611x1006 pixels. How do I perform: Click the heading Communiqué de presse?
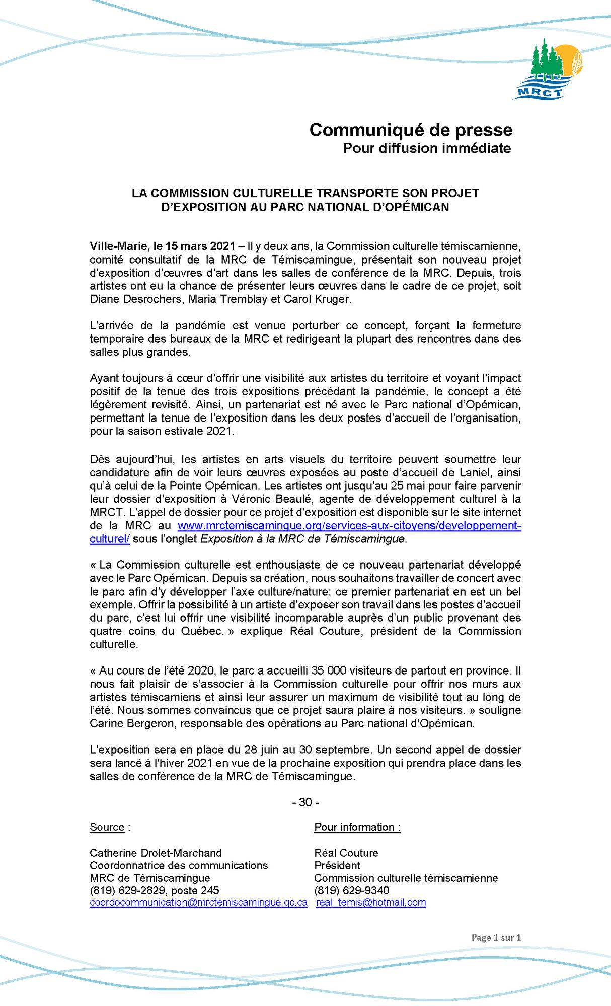[x=411, y=130]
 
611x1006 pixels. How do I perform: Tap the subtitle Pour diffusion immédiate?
[x=427, y=148]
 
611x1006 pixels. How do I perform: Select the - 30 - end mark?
[x=306, y=802]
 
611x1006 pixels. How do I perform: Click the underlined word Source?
[x=107, y=827]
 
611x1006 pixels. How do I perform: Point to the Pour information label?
[x=357, y=827]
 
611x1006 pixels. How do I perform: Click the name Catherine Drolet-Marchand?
[x=156, y=853]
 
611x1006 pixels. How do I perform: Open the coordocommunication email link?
[x=198, y=902]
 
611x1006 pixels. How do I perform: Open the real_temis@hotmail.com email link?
[x=371, y=902]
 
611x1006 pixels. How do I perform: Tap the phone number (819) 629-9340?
[x=351, y=890]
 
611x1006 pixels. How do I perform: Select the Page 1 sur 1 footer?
[x=496, y=937]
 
